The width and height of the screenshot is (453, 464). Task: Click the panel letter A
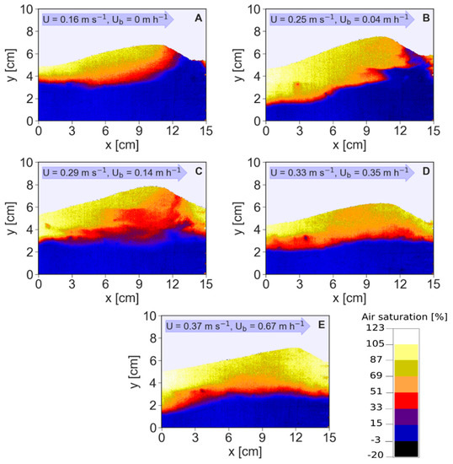(x=197, y=18)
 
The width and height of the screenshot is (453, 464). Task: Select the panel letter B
(x=424, y=18)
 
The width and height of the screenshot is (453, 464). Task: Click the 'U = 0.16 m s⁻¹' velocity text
(x=73, y=18)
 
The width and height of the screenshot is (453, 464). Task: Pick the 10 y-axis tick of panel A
(x=29, y=9)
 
